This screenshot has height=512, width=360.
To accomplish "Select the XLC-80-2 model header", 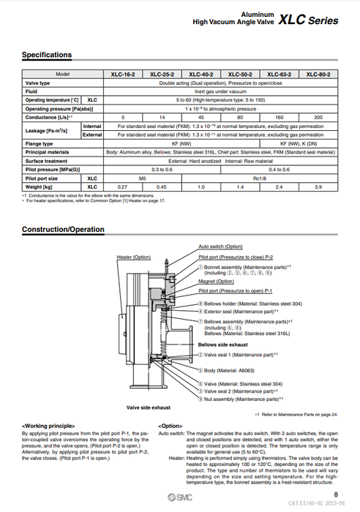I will [318, 75].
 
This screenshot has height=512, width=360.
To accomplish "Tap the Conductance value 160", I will [280, 117].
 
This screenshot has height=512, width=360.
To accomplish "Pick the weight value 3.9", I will [318, 187].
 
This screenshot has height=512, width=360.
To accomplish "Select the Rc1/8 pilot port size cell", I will [260, 178].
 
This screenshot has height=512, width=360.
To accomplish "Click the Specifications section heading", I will [46, 56].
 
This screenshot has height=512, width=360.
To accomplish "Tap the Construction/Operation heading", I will [63, 230].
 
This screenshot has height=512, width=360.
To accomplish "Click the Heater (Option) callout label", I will [133, 257].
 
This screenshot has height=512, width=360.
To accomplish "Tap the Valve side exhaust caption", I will [149, 407].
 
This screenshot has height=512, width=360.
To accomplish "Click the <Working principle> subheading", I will [48, 425].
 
